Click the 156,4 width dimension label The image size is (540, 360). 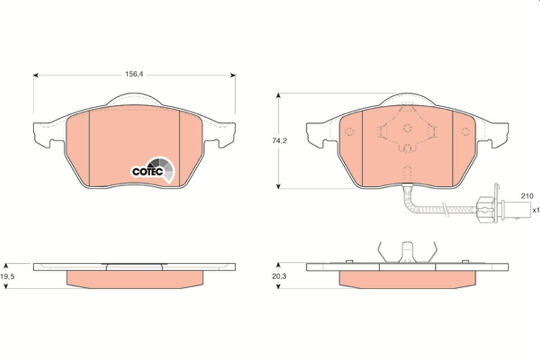[134, 75]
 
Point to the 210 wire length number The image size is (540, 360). [527, 196]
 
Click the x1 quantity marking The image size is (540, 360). [535, 210]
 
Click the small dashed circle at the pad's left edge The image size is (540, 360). [350, 132]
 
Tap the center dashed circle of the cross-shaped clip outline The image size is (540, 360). [407, 128]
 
